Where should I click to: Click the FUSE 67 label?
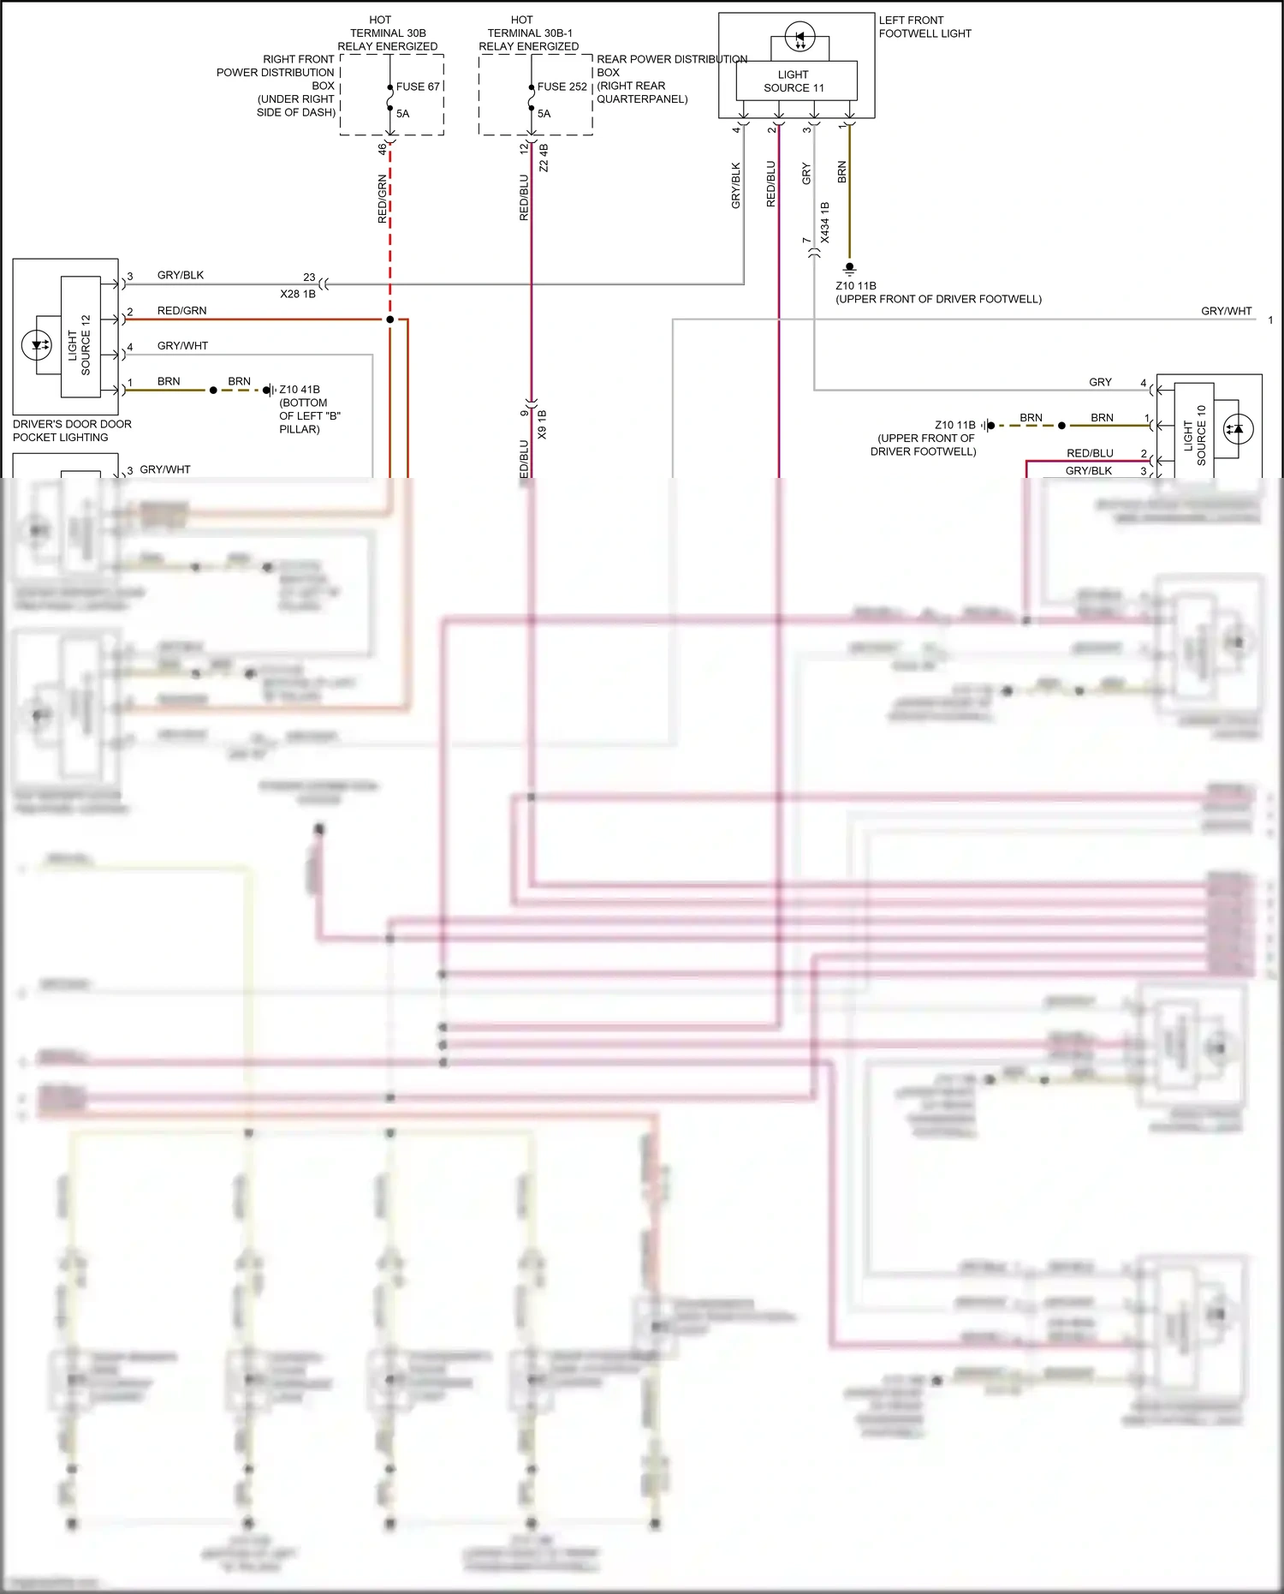pyautogui.click(x=418, y=87)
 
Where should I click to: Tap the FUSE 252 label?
pyautogui.click(x=562, y=87)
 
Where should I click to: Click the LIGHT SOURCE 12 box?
pyautogui.click(x=80, y=337)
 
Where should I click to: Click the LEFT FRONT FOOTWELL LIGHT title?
pyautogui.click(x=924, y=27)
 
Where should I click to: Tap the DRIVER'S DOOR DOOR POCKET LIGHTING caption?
pyautogui.click(x=72, y=430)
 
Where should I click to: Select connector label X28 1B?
pyautogui.click(x=298, y=294)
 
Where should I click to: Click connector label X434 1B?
pyautogui.click(x=824, y=223)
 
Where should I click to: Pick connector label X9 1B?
pyautogui.click(x=542, y=425)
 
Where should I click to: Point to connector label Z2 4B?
pyautogui.click(x=544, y=158)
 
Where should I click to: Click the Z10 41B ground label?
pyautogui.click(x=300, y=390)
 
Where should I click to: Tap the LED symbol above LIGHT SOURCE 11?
pyautogui.click(x=800, y=39)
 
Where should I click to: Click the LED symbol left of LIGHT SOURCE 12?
pyautogui.click(x=37, y=345)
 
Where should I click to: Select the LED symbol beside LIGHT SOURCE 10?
pyautogui.click(x=1235, y=429)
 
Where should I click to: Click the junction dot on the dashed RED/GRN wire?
pyautogui.click(x=390, y=319)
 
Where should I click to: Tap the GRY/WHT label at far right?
pyautogui.click(x=1226, y=311)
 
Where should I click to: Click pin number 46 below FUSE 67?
pyautogui.click(x=382, y=148)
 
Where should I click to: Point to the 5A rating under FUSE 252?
pyautogui.click(x=544, y=113)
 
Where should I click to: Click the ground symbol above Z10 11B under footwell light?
pyautogui.click(x=849, y=268)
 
